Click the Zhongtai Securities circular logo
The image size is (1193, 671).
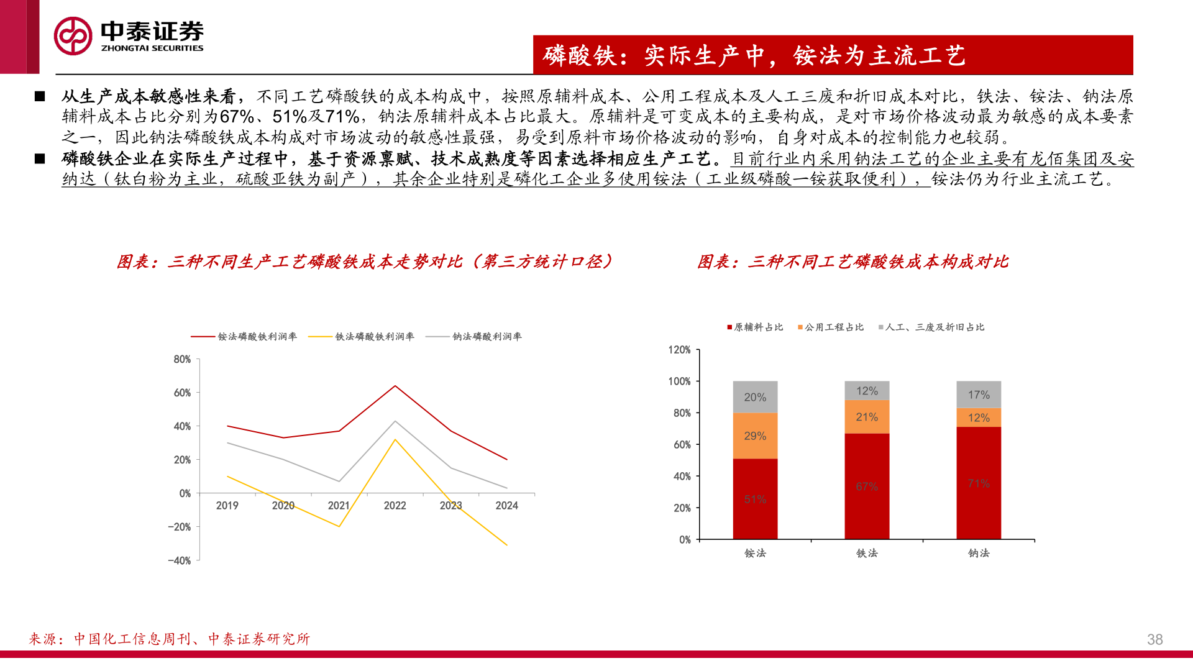click(x=73, y=36)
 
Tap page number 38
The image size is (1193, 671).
click(x=1154, y=639)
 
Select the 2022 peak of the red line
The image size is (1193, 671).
click(x=395, y=386)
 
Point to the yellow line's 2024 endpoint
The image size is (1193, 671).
click(x=507, y=545)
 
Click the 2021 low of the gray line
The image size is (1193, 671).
click(x=339, y=482)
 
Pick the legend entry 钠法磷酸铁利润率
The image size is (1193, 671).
click(x=487, y=337)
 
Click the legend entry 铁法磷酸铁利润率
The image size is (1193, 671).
click(x=374, y=337)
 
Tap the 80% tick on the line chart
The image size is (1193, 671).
click(x=182, y=359)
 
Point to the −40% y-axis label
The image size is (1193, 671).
click(x=179, y=560)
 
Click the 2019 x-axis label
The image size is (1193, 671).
click(x=227, y=506)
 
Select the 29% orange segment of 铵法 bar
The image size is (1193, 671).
click(x=755, y=436)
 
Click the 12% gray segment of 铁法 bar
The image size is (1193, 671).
click(x=867, y=391)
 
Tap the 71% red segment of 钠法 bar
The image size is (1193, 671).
click(x=979, y=483)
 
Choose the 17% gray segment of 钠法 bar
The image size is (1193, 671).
click(x=979, y=395)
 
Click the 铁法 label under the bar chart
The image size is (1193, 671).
click(x=867, y=553)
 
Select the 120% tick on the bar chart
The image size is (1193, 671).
click(x=679, y=350)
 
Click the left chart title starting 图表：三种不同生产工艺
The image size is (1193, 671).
click(x=365, y=262)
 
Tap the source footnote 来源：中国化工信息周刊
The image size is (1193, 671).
click(x=170, y=639)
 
